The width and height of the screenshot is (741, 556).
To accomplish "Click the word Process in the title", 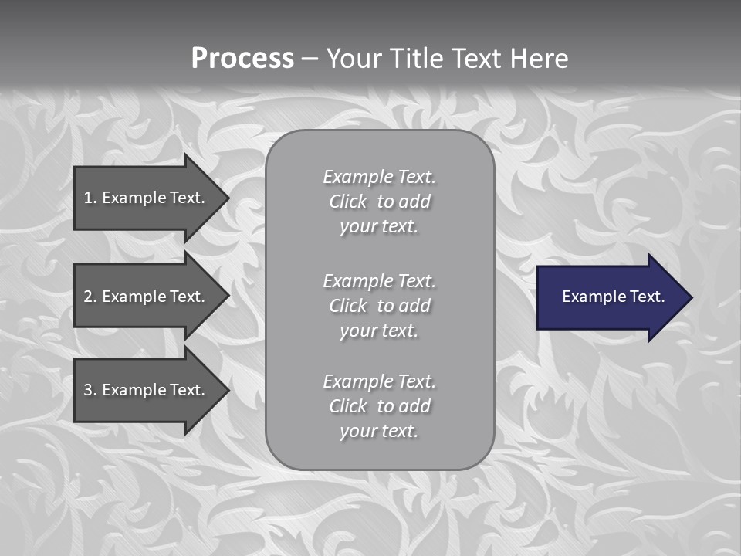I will point(242,59).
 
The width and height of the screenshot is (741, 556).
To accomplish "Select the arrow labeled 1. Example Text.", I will point(147,198).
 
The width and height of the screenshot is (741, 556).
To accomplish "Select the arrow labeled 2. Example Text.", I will point(147,297).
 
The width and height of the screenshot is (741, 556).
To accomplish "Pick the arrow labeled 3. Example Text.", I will point(147,390).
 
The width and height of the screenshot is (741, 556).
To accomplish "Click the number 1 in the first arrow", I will point(88,198).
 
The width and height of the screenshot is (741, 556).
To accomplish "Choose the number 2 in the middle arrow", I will point(88,297).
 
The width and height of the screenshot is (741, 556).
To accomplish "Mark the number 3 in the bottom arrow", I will point(88,390).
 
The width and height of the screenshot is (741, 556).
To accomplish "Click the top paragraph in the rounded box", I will point(379,202).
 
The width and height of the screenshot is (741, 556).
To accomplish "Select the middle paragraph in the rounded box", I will point(379,306).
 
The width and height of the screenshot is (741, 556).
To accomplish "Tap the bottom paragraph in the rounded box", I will point(379,406).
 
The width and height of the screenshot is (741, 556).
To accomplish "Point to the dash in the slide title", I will point(310,59).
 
